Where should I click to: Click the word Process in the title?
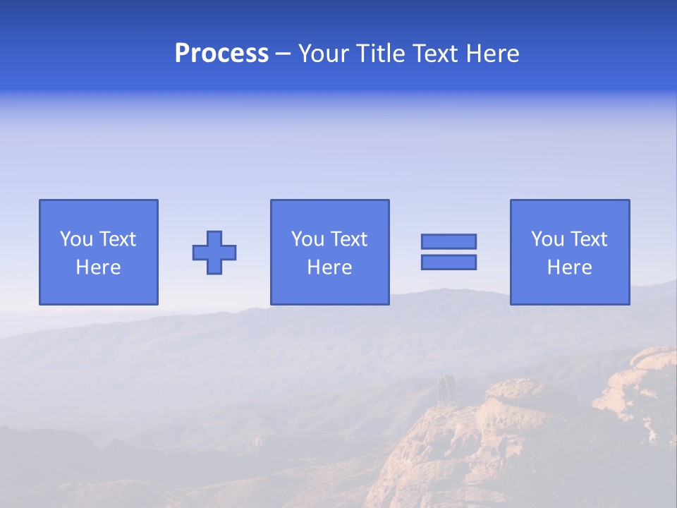click(221, 54)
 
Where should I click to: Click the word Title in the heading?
click(379, 54)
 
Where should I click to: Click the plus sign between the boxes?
click(214, 253)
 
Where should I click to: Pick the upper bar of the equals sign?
click(449, 241)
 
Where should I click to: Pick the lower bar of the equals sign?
click(449, 262)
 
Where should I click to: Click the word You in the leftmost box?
click(76, 239)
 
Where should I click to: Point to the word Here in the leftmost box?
click(98, 267)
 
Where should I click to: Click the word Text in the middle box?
click(349, 239)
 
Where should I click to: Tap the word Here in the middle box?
click(329, 267)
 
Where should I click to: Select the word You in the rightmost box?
click(547, 239)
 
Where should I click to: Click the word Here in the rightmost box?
click(569, 267)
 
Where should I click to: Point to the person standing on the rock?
click(444, 390)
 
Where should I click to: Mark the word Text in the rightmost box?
click(589, 239)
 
